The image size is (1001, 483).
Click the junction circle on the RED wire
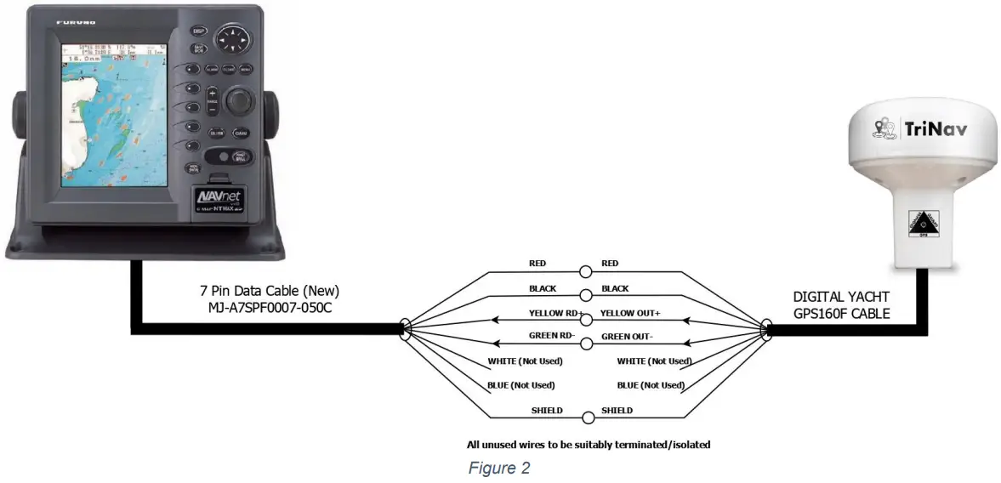click(586, 272)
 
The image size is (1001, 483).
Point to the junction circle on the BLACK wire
click(586, 295)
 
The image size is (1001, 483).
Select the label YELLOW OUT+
click(630, 313)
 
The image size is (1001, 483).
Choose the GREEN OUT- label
click(628, 337)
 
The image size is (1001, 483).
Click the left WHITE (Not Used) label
click(525, 361)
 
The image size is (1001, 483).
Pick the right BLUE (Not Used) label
click(651, 384)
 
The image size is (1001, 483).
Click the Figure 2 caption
click(499, 469)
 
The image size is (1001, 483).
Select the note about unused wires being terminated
click(588, 444)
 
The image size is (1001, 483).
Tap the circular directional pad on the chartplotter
click(233, 38)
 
